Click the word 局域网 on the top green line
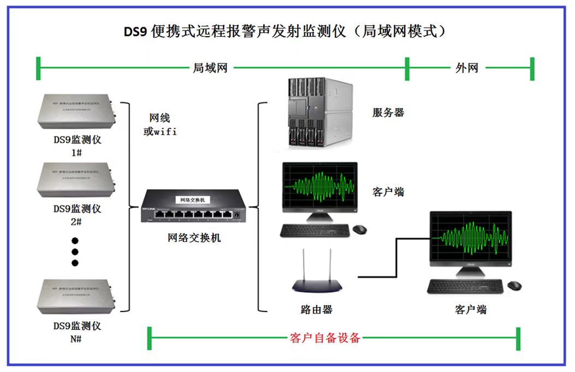tap(210, 68)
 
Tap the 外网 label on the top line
tap(467, 68)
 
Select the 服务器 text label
tap(388, 113)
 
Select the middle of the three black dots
tap(75, 252)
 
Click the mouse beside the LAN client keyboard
tap(359, 229)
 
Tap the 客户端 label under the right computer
tap(470, 309)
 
